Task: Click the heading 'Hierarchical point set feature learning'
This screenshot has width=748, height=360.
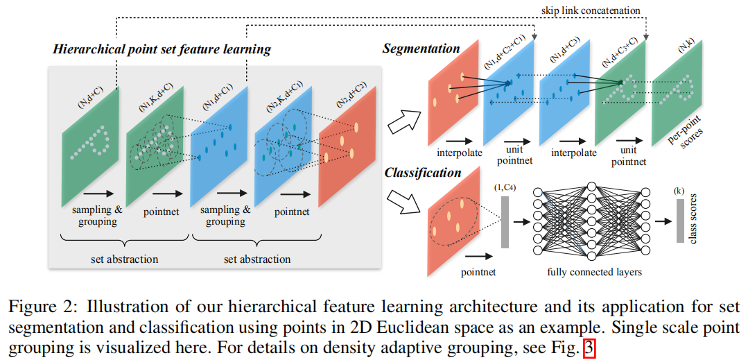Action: click(x=162, y=49)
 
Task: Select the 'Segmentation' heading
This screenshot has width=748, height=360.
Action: click(x=421, y=49)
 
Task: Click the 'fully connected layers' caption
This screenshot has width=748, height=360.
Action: click(x=594, y=272)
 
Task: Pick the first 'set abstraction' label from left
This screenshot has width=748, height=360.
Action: click(x=125, y=259)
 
